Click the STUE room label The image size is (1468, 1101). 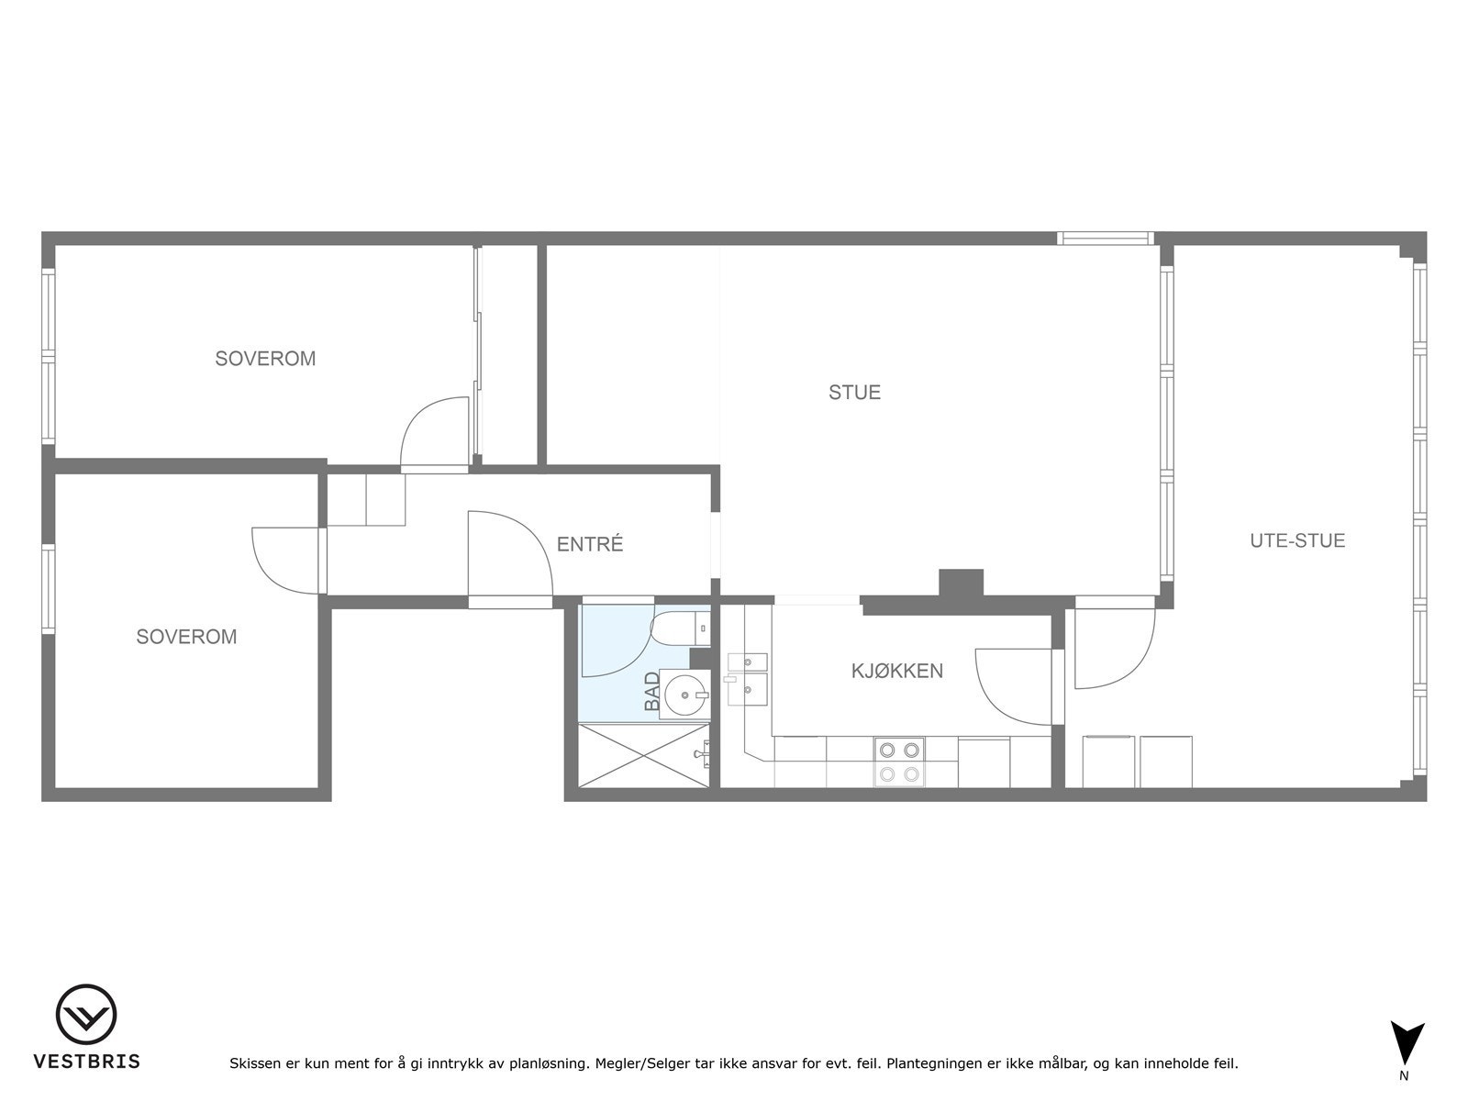854,393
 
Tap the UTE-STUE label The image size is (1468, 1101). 1297,540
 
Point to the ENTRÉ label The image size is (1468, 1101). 590,544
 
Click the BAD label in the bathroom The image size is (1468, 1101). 652,691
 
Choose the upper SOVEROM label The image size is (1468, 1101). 265,359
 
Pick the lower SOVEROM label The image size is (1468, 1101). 186,637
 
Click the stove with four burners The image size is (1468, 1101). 898,762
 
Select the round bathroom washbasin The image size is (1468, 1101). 684,695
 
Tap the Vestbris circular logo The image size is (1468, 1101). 86,1016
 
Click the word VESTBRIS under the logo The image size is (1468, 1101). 87,1062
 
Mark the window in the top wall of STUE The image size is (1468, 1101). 1105,239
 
